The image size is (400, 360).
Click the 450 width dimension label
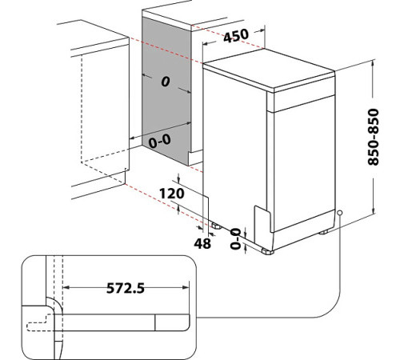[x=236, y=35]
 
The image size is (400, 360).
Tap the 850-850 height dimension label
[x=373, y=137]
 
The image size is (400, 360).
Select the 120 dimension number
[x=172, y=194]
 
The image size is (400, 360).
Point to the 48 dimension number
[x=202, y=243]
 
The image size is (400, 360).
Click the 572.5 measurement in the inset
[x=126, y=288]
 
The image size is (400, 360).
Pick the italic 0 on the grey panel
[x=166, y=82]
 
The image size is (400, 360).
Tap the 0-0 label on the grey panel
[x=159, y=141]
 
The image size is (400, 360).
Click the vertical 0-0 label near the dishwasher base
[x=235, y=238]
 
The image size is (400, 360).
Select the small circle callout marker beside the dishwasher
[x=339, y=213]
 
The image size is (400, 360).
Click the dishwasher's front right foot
[x=267, y=251]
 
